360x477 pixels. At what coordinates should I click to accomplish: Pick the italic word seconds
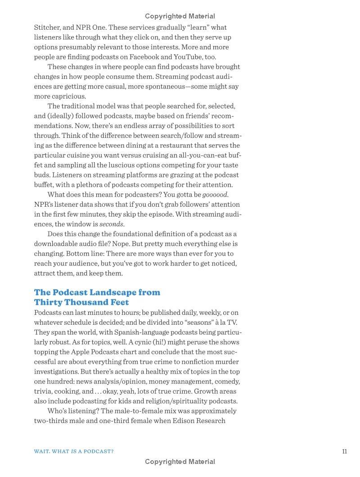click(x=111, y=224)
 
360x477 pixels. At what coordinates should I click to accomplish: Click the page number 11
click(x=344, y=451)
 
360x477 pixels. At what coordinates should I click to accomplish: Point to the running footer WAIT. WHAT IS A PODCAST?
click(x=74, y=451)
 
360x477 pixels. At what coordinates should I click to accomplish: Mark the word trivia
click(x=44, y=391)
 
